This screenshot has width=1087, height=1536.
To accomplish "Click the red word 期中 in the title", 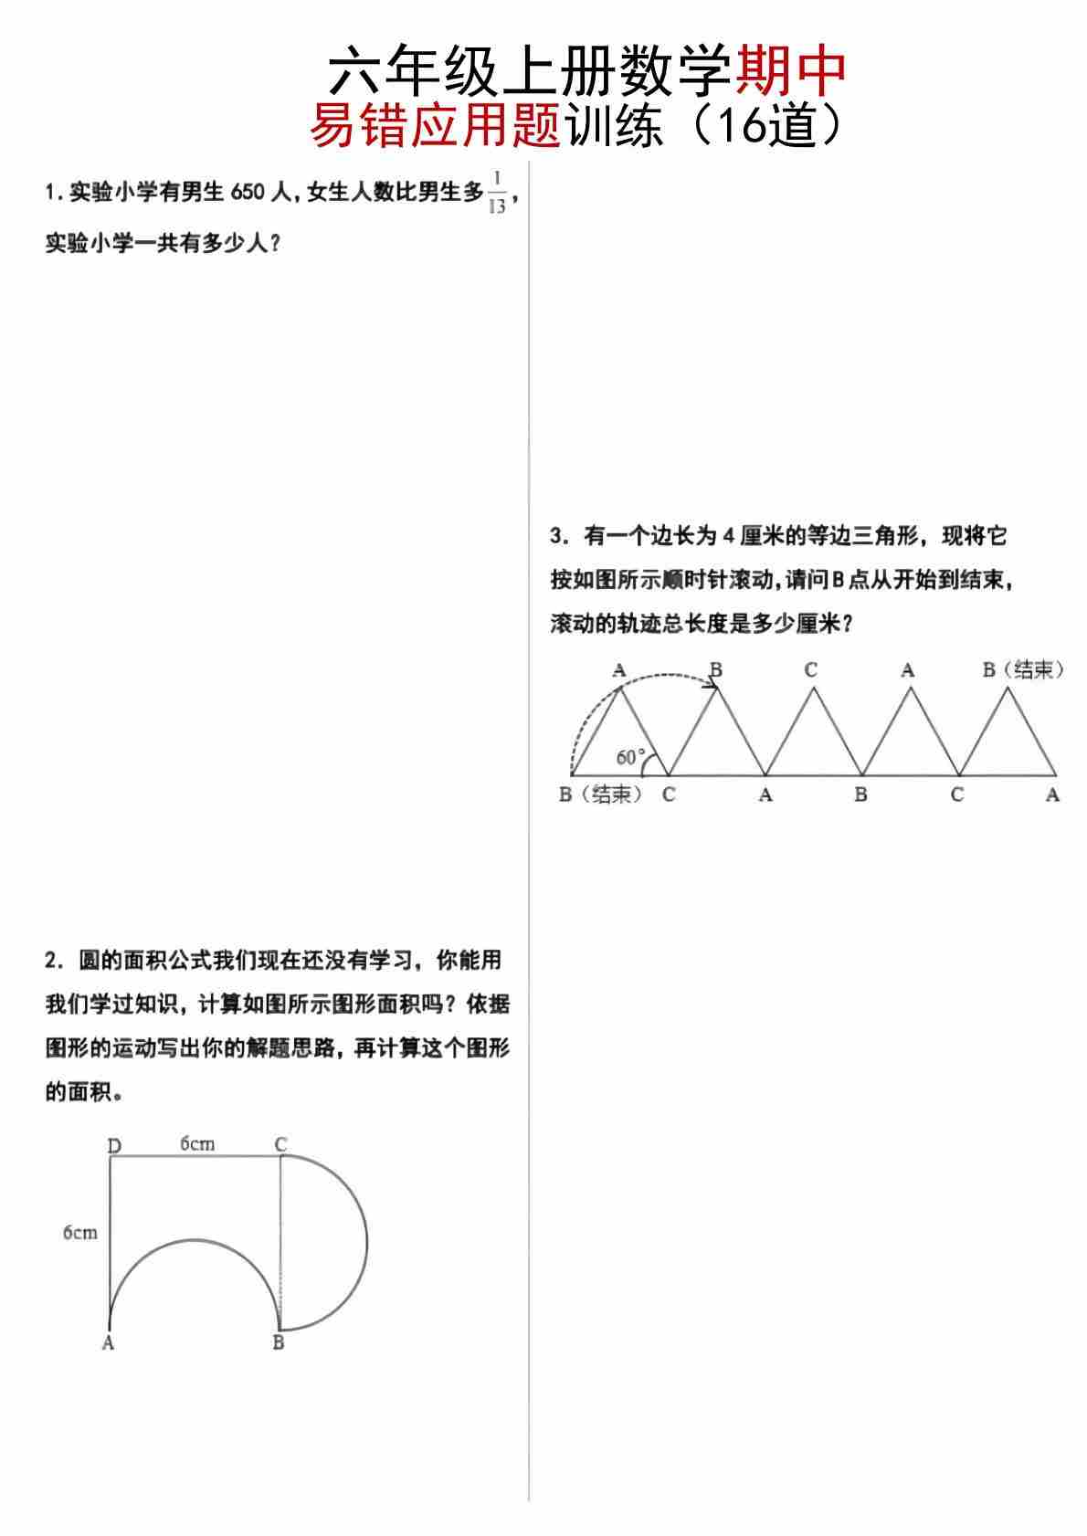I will pyautogui.click(x=790, y=71).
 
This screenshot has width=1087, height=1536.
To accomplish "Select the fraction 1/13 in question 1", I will pyautogui.click(x=497, y=191).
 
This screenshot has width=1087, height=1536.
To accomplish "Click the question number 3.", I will pyautogui.click(x=557, y=536).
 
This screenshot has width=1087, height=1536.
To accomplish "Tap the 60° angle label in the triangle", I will pyautogui.click(x=629, y=757).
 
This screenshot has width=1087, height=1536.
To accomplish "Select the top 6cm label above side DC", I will pyautogui.click(x=197, y=1143).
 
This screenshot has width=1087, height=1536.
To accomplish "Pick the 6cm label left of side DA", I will pyautogui.click(x=79, y=1233).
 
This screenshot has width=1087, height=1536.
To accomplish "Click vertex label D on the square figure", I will pyautogui.click(x=114, y=1145).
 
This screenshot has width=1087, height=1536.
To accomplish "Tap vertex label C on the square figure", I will pyautogui.click(x=280, y=1144).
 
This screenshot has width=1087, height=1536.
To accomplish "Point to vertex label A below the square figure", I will pyautogui.click(x=108, y=1343).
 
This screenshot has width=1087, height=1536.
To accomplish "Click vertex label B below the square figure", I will pyautogui.click(x=279, y=1343).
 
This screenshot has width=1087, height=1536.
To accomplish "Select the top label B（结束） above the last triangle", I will pyautogui.click(x=1023, y=670).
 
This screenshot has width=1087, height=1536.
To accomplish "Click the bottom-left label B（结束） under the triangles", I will pyautogui.click(x=600, y=794).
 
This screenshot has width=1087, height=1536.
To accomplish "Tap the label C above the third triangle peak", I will pyautogui.click(x=810, y=670).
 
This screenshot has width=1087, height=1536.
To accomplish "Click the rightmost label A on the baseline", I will pyautogui.click(x=1052, y=795).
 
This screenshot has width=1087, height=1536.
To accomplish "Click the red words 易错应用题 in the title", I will pyautogui.click(x=435, y=127).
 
